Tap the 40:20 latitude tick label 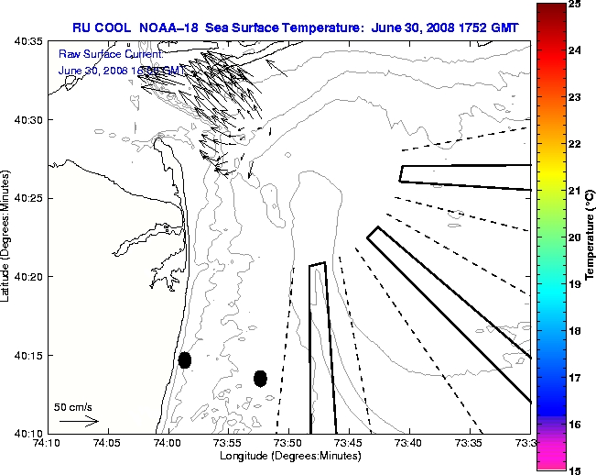coord(30,276)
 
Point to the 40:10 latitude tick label coord(30,433)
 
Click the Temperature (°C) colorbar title coord(591,237)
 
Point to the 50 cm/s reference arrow coord(79,421)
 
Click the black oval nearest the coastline coord(185,359)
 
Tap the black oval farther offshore coord(260,378)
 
